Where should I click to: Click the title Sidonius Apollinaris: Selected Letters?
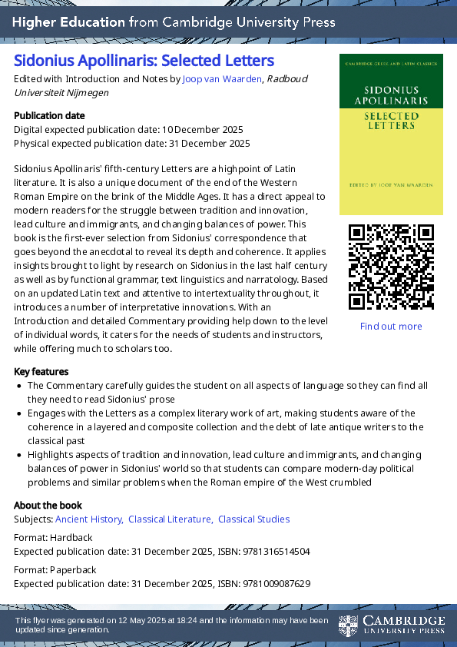pyautogui.click(x=144, y=60)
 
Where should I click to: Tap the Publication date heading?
pyautogui.click(x=49, y=115)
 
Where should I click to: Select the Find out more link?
pyautogui.click(x=391, y=326)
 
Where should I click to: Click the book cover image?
pyautogui.click(x=391, y=134)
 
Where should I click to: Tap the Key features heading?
pyautogui.click(x=41, y=371)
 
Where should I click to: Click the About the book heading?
pyautogui.click(x=48, y=505)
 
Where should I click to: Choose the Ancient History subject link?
pyautogui.click(x=89, y=519)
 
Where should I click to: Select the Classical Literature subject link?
pyautogui.click(x=171, y=519)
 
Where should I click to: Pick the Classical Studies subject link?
pyautogui.click(x=253, y=519)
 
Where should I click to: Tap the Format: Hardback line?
pyautogui.click(x=53, y=537)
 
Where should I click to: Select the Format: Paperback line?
pyautogui.click(x=55, y=569)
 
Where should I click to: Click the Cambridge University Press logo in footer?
pyautogui.click(x=392, y=625)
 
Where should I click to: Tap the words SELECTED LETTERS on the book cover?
pyautogui.click(x=391, y=121)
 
